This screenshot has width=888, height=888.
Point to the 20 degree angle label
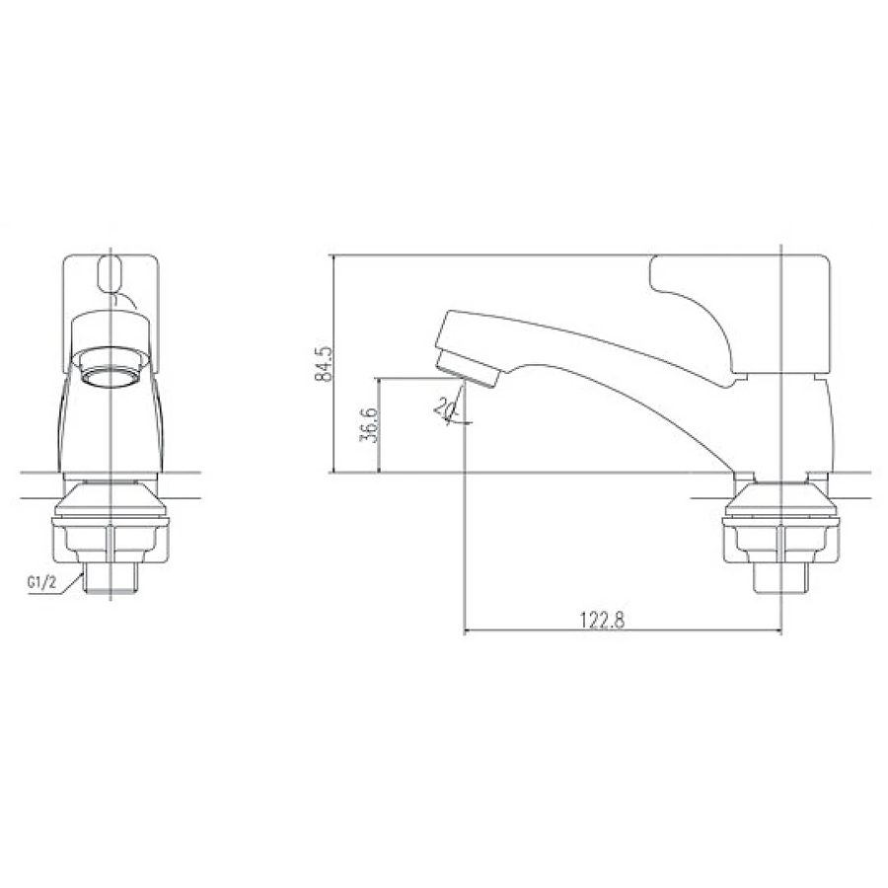[x=446, y=407]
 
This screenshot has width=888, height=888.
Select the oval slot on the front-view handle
[x=111, y=273]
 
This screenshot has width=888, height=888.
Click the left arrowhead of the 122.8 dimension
[x=469, y=631]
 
